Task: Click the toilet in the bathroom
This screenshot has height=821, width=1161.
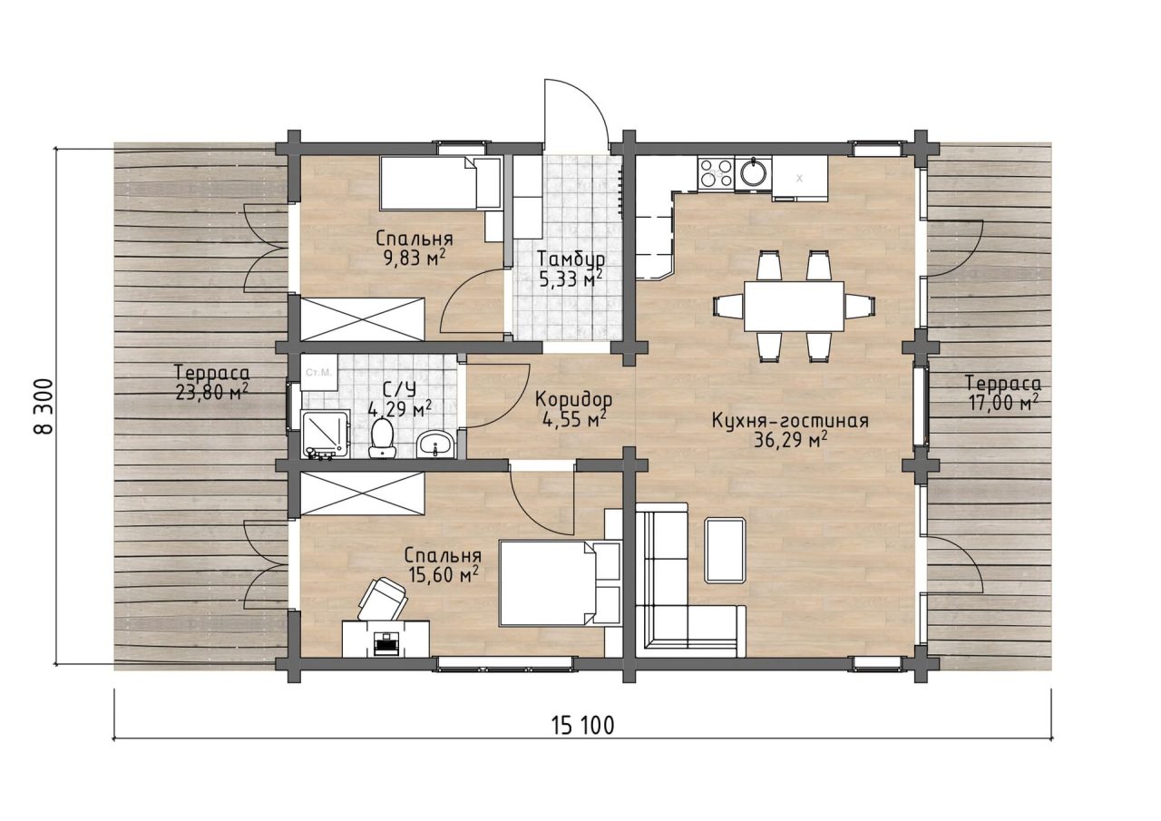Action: [x=383, y=438]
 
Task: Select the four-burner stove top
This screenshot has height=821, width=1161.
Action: [x=717, y=172]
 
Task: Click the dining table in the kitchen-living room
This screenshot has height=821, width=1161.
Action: [x=793, y=306]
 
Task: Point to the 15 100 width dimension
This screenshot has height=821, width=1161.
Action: [x=582, y=725]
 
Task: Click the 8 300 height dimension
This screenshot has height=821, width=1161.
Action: [x=45, y=406]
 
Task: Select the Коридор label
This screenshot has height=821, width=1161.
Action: [x=574, y=400]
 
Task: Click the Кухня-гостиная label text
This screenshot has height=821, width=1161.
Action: [x=790, y=420]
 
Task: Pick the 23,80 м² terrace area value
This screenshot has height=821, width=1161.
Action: [x=211, y=393]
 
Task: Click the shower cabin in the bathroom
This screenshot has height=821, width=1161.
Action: [x=326, y=435]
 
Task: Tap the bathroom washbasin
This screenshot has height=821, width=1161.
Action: [x=436, y=445]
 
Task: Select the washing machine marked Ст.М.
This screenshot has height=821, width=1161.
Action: [x=319, y=373]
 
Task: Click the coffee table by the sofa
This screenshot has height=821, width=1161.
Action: [x=725, y=551]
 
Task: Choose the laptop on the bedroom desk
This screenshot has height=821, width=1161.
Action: [x=385, y=643]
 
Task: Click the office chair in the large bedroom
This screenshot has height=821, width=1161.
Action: [x=382, y=601]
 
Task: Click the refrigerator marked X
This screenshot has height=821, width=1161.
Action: [x=799, y=179]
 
